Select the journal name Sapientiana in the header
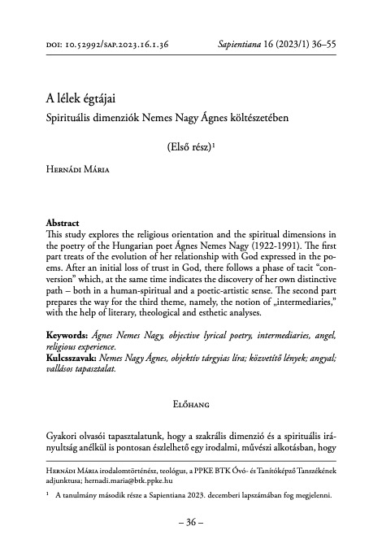247,47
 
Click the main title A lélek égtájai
83,99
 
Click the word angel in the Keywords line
323,335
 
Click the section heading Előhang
190,402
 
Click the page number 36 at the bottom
191,521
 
